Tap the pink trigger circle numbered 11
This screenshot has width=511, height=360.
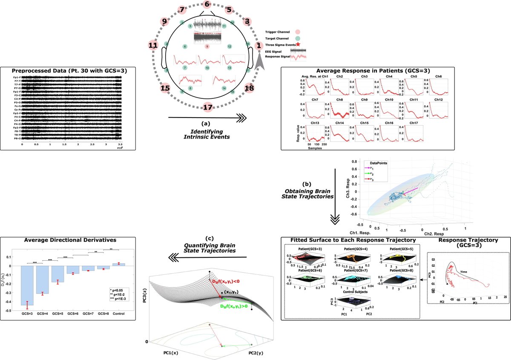pos(153,44)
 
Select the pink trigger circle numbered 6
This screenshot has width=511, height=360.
pos(207,5)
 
